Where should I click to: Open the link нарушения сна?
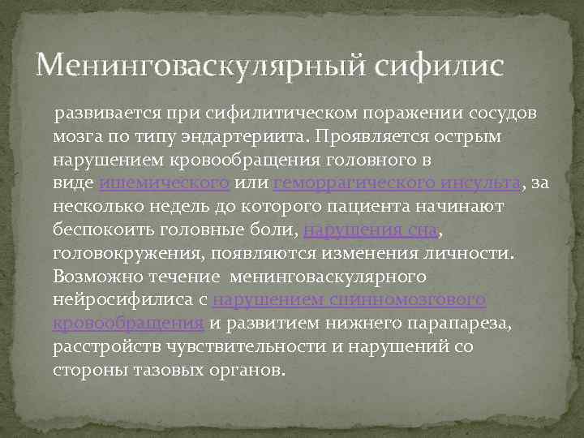pos(371,230)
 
